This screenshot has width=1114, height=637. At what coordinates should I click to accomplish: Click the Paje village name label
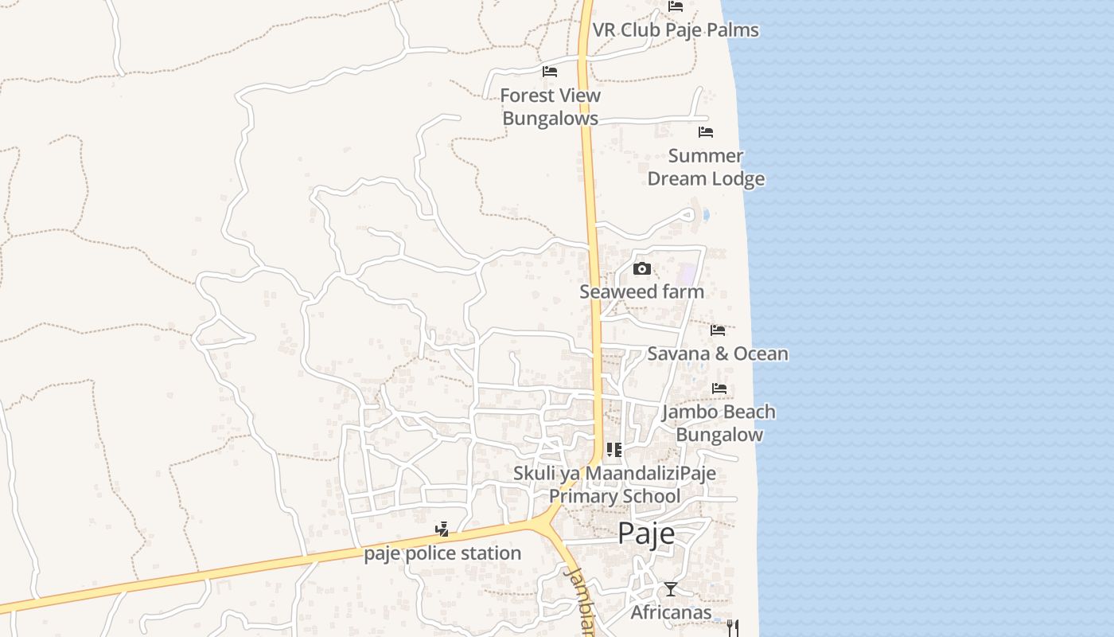(646, 533)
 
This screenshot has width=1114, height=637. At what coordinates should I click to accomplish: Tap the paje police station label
(442, 553)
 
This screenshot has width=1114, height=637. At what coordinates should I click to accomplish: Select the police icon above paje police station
(442, 529)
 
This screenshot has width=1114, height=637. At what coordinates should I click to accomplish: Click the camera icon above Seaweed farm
(642, 269)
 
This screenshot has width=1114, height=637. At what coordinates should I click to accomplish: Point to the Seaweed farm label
(641, 291)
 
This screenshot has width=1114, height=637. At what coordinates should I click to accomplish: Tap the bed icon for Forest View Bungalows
(550, 72)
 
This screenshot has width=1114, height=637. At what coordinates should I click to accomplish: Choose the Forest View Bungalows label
(551, 107)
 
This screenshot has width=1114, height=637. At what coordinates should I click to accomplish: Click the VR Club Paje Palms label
(676, 30)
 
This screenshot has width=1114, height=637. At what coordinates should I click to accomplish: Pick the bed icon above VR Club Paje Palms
(676, 6)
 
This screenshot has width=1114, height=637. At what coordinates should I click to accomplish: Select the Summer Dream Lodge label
(706, 167)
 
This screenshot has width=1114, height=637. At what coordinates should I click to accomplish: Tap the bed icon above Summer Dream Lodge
(706, 132)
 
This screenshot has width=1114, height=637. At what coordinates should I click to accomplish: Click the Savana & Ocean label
(718, 354)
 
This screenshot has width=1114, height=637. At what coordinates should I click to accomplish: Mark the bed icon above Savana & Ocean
(718, 330)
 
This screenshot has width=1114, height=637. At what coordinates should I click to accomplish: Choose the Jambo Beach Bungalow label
(719, 423)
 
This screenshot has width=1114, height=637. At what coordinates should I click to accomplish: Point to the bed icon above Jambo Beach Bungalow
(719, 389)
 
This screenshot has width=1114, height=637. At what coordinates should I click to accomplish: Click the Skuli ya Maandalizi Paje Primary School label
(614, 485)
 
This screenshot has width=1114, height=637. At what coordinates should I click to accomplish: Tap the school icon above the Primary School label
(614, 450)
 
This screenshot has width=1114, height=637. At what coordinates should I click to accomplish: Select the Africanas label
(671, 612)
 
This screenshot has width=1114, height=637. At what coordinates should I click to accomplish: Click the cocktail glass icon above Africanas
(671, 589)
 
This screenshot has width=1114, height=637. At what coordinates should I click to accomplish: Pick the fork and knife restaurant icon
(733, 627)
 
